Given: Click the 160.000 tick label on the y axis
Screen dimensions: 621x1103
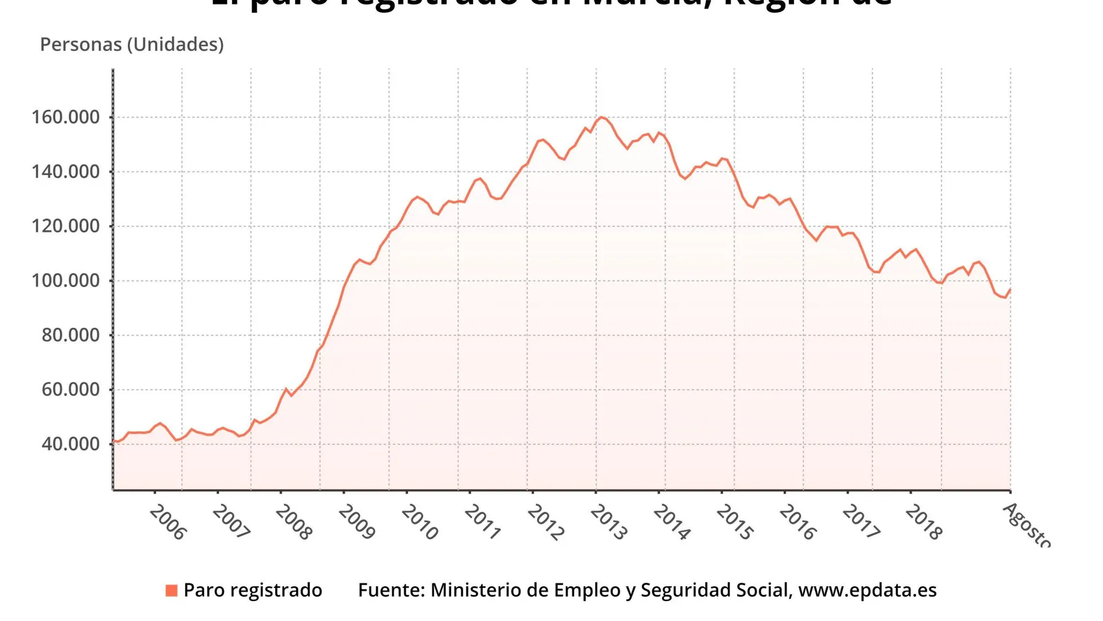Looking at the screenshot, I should click(65, 117).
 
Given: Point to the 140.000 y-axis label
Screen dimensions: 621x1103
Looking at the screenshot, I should click(65, 172).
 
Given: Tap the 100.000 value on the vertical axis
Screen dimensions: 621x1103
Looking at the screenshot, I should click(65, 281).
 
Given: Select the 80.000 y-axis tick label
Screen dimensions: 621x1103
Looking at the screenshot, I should click(70, 335).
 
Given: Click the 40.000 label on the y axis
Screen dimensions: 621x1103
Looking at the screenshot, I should click(70, 444).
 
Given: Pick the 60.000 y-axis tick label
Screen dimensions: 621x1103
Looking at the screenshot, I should click(70, 390).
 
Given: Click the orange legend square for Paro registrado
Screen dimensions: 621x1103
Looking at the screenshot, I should click(171, 591).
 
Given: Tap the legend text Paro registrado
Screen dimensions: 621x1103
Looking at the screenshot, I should click(253, 590).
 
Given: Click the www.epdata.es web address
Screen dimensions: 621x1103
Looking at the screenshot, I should click(867, 590).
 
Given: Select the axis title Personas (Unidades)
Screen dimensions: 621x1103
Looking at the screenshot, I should click(132, 45).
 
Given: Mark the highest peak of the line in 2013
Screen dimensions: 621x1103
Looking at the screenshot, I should click(601, 117).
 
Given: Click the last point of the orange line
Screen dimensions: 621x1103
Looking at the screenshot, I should click(1010, 289).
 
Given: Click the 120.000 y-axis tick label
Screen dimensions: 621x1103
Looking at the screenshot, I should click(65, 226).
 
